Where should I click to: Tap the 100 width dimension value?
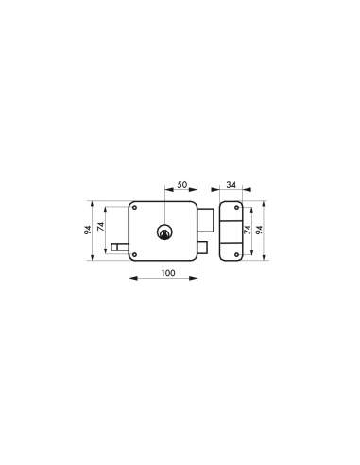point(166,273)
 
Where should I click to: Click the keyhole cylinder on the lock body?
point(165,231)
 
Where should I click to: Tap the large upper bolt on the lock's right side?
point(204,218)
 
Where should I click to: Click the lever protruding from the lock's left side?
point(117,249)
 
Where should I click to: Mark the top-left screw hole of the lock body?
point(135,208)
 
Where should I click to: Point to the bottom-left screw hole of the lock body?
point(135,253)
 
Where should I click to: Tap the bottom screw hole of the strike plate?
point(232,253)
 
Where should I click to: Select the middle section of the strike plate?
point(232,231)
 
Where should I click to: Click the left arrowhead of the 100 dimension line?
point(129,279)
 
